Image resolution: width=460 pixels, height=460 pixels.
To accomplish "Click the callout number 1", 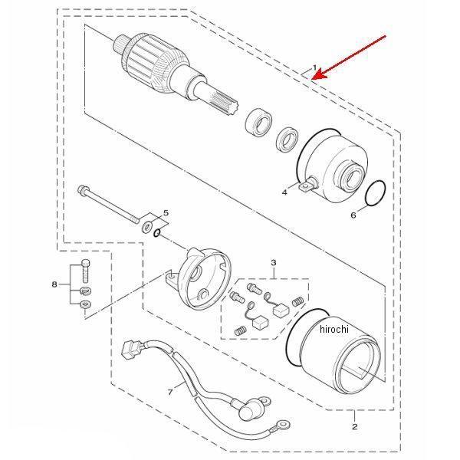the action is click(314, 68).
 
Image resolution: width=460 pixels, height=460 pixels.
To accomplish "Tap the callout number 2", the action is click(355, 426).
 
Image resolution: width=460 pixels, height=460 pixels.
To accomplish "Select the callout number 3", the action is click(274, 262).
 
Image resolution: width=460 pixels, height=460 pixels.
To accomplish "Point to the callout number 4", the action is click(284, 192).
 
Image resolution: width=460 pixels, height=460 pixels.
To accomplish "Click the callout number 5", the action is click(166, 212).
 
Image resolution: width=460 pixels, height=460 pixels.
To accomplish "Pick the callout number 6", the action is click(353, 215).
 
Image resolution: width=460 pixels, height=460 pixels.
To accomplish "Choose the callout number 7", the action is click(170, 392).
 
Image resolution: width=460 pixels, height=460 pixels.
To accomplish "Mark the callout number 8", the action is click(54, 284).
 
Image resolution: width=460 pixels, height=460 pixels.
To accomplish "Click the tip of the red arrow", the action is click(312, 79).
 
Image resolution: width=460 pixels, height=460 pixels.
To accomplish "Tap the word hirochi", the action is click(334, 329).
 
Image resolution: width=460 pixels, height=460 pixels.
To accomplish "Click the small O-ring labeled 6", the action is click(376, 194).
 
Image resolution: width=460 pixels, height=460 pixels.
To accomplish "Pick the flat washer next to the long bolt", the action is click(146, 226).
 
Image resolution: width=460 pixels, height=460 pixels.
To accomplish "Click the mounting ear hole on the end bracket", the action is click(171, 275).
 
